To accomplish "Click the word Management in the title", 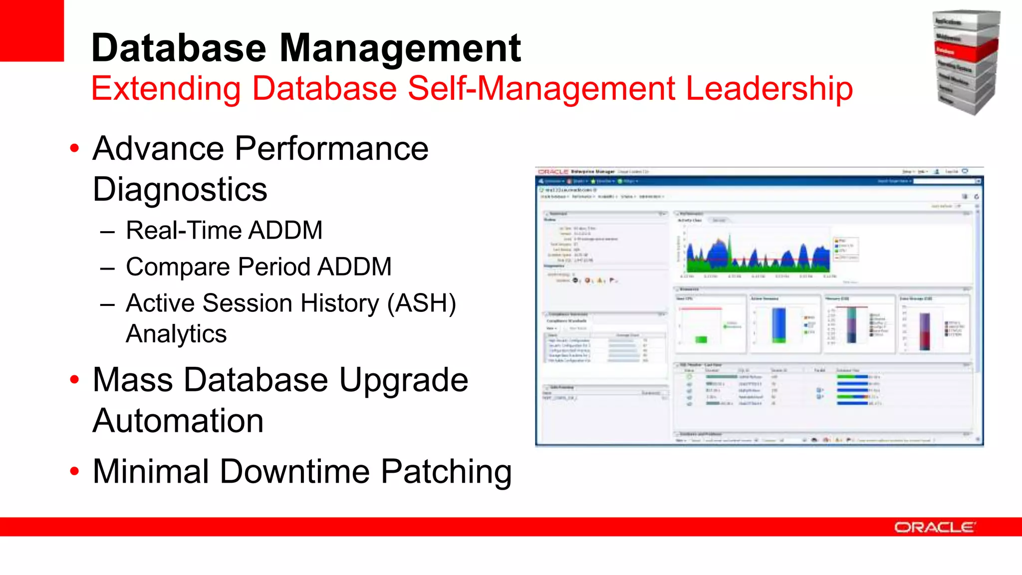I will (400, 48).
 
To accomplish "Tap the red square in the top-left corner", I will (31, 30).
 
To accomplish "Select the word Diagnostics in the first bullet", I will (180, 190).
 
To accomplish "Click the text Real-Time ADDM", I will (224, 231).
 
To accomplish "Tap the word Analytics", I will (176, 333).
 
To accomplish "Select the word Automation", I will (178, 421).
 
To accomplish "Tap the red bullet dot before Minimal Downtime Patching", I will (75, 471).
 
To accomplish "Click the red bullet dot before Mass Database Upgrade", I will (75, 380).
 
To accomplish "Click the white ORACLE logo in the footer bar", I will (934, 528).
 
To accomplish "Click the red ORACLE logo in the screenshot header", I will (552, 172).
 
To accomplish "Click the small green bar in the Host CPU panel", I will (701, 339).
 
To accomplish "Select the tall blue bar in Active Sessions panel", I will (778, 324).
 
